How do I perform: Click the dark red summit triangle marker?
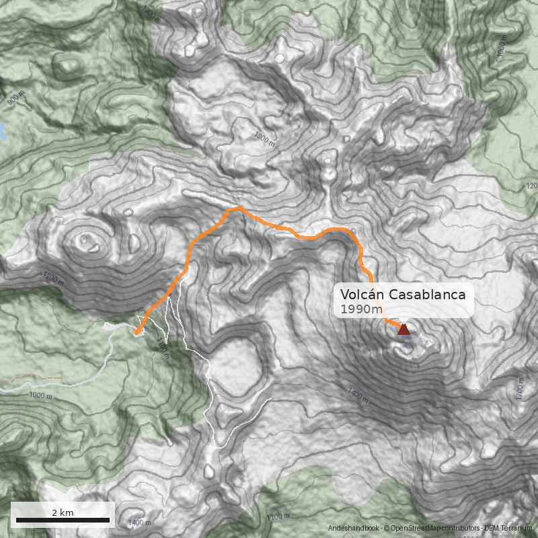coord(403,329)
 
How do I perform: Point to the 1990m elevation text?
coord(357,309)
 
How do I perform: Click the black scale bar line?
coord(63,520)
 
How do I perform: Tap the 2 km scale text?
coord(63,512)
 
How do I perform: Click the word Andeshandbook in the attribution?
coord(354,528)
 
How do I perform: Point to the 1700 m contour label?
coord(518,389)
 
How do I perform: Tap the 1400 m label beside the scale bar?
coord(139,523)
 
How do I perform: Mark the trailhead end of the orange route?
coord(136,332)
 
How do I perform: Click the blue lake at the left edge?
coord(3,131)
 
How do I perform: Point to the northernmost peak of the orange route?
coord(239,207)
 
